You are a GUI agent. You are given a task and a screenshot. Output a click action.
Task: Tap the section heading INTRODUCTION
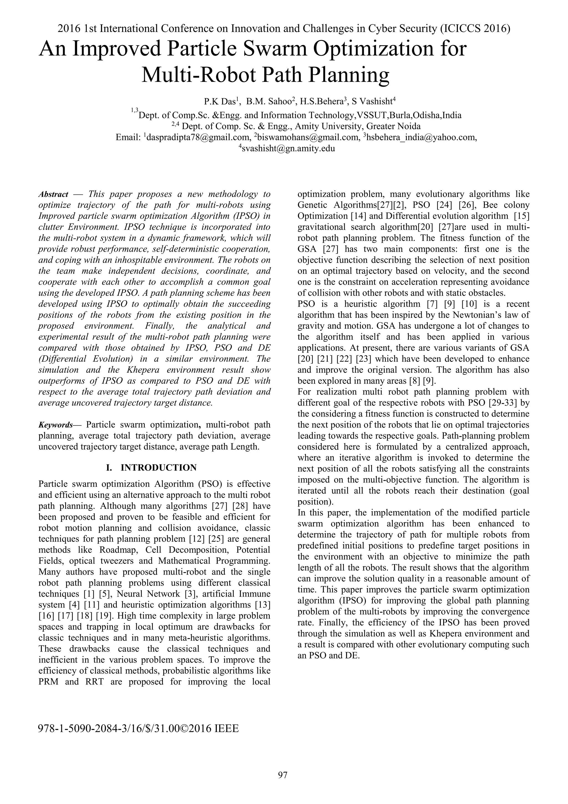(158, 468)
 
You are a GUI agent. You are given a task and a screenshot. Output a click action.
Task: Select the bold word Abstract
(53, 194)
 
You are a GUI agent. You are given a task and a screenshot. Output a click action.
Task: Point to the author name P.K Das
(220, 102)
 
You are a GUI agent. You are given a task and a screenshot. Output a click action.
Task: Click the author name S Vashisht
(372, 102)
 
